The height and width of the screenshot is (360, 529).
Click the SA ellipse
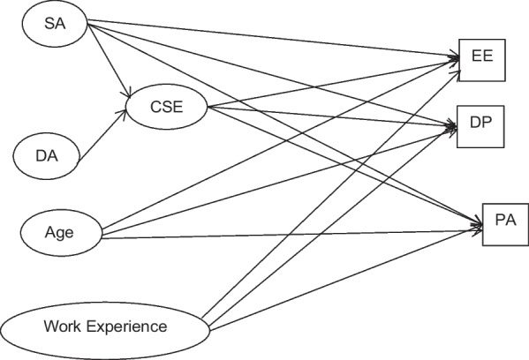[x=55, y=24]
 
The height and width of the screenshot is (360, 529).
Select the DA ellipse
[x=46, y=156]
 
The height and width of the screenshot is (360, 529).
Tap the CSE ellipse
[x=166, y=107]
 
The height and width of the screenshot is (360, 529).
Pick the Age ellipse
[x=61, y=233]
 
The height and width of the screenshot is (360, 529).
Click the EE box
[x=482, y=60]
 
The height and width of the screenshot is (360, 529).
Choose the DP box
[x=480, y=126]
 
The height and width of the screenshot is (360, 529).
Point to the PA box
[x=505, y=224]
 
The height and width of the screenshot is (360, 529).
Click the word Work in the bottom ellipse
[x=63, y=326]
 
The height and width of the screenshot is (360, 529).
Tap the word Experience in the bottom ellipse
[x=127, y=327]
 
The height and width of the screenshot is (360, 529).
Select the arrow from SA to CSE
[x=109, y=61]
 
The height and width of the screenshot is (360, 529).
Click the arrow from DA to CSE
[x=102, y=137]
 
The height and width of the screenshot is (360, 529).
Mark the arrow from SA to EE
[x=273, y=39]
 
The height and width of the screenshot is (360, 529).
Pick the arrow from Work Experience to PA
[x=345, y=279]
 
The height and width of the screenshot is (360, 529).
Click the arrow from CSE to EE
[x=333, y=84]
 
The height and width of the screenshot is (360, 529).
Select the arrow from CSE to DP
[x=332, y=116]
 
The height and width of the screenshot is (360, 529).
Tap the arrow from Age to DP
[x=279, y=182]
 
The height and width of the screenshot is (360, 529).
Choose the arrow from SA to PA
[x=285, y=124]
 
